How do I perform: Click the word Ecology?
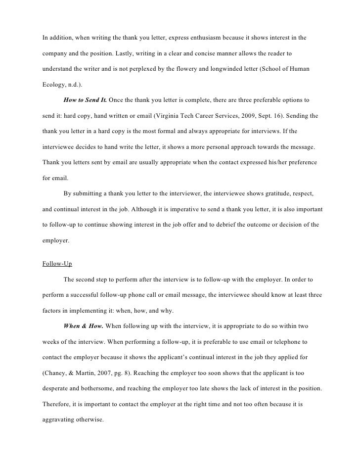point(53,85)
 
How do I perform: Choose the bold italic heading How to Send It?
point(85,100)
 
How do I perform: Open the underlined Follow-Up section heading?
point(57,264)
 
